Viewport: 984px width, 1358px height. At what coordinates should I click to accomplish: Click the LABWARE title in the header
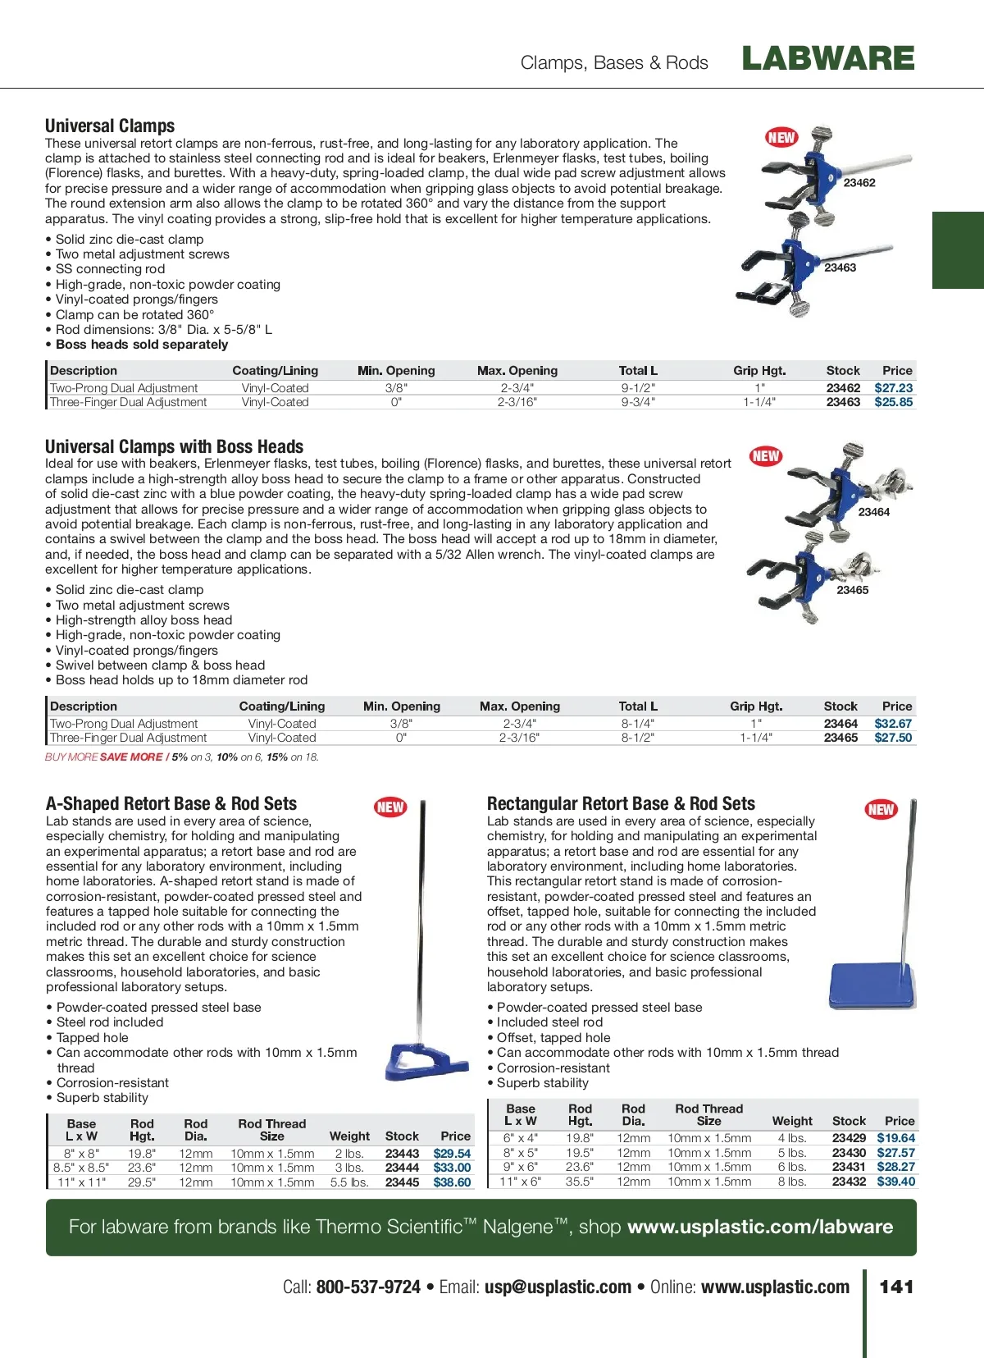pos(827,58)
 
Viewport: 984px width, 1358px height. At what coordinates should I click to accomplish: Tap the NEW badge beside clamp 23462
pos(781,137)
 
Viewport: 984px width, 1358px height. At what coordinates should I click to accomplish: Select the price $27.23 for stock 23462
pos(893,388)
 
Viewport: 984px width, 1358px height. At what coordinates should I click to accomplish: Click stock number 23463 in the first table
pos(843,402)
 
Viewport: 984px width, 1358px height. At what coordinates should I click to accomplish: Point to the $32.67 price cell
pos(893,724)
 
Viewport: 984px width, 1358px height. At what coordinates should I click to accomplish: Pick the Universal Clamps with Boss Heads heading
pos(174,447)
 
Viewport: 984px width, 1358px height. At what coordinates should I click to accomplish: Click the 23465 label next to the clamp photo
pos(852,590)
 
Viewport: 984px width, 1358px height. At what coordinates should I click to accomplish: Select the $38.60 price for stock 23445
pos(452,1182)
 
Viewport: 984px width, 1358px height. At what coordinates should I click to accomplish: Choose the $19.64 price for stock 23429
pos(895,1138)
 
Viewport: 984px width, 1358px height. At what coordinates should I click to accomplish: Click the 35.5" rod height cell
pos(579,1182)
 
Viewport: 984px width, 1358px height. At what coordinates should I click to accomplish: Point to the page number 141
pos(896,1287)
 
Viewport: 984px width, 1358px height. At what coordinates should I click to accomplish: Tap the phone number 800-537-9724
pos(368,1287)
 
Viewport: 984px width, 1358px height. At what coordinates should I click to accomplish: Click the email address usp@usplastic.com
pos(558,1287)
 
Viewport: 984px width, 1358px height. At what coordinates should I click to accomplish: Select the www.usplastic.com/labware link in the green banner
pos(760,1227)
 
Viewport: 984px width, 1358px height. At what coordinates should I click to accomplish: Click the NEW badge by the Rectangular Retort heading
pos(881,810)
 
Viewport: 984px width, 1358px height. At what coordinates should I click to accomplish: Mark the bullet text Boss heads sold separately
pos(142,345)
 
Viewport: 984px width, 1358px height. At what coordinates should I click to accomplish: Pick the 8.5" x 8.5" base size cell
pos(81,1168)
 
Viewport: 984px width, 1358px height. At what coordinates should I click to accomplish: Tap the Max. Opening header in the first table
pos(517,371)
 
